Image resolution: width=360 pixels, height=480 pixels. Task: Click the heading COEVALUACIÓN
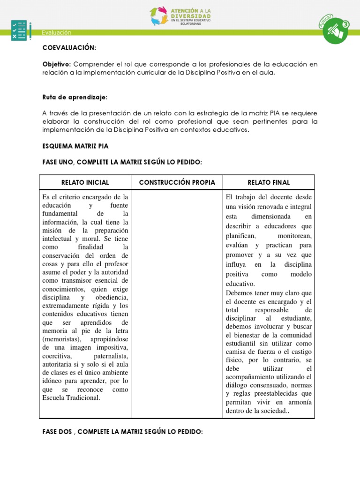(x=69, y=48)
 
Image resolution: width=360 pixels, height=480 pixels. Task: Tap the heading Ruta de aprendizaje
(x=75, y=97)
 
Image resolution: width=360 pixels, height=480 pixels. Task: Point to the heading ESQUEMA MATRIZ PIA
(x=75, y=146)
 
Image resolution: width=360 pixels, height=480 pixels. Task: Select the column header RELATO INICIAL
(x=85, y=182)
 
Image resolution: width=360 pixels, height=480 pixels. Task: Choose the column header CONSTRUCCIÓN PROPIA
(x=177, y=182)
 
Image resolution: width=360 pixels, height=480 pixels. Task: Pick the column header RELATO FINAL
(x=268, y=182)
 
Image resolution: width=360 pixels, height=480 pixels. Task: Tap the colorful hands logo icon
(x=159, y=16)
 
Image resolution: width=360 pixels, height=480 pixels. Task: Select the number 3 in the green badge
(x=346, y=24)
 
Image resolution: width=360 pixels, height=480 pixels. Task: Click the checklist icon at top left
(x=20, y=30)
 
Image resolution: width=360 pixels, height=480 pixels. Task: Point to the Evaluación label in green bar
(x=56, y=32)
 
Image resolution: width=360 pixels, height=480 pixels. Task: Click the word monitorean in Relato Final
(x=294, y=236)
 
